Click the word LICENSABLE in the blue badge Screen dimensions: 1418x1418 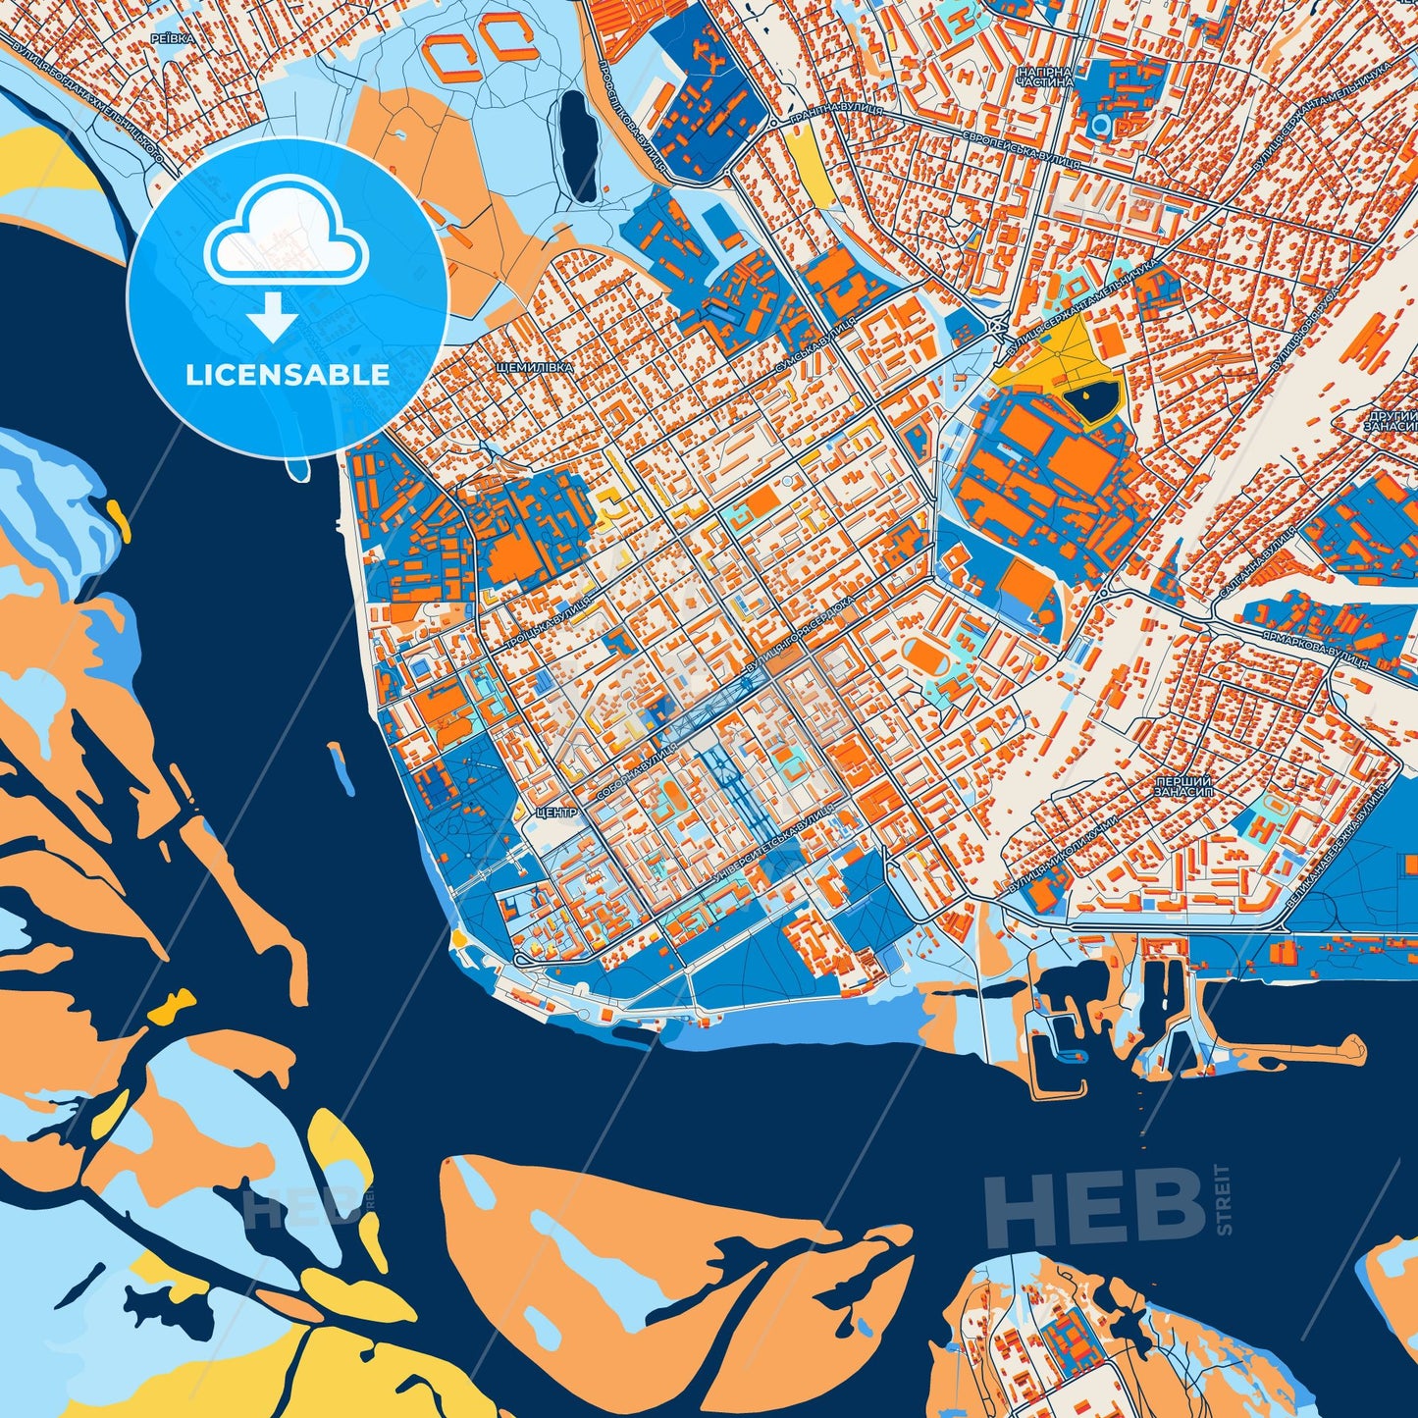click(288, 375)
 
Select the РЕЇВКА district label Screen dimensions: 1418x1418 click(174, 37)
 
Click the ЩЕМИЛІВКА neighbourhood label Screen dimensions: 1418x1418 click(535, 367)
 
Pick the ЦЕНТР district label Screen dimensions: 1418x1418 click(555, 813)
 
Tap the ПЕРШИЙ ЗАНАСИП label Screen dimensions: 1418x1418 click(1176, 785)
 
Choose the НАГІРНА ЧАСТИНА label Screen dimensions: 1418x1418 click(1046, 79)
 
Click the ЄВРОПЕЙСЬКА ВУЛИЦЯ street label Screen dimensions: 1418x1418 click(1022, 150)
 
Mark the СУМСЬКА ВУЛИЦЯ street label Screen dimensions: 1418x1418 click(814, 345)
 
